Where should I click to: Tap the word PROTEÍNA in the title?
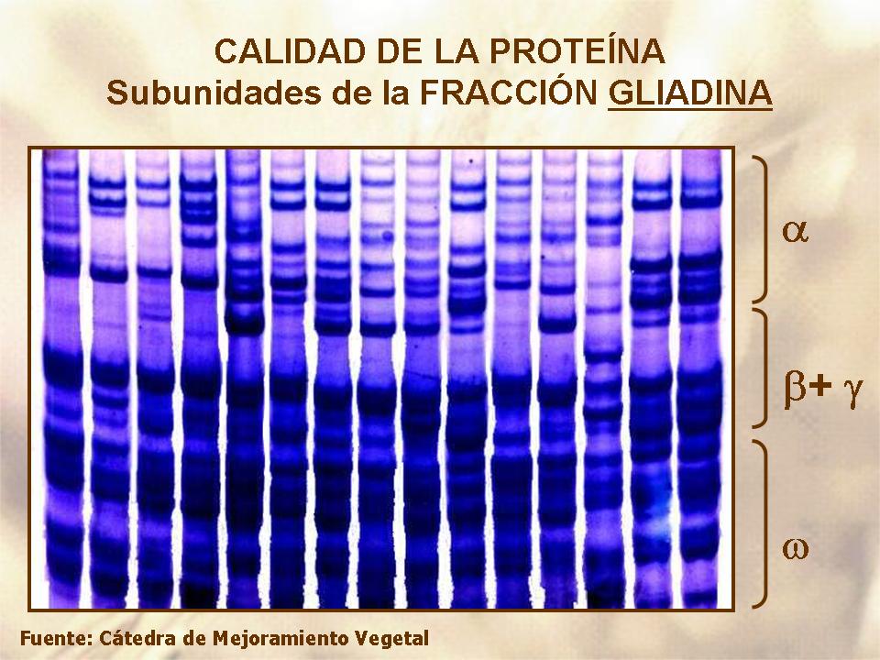[577, 51]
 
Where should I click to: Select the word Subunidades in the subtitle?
[214, 93]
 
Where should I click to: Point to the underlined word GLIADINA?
[690, 93]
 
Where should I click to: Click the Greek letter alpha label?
[795, 231]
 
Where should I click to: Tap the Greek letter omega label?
[796, 548]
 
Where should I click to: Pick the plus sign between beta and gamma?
[820, 386]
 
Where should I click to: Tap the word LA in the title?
[457, 51]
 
